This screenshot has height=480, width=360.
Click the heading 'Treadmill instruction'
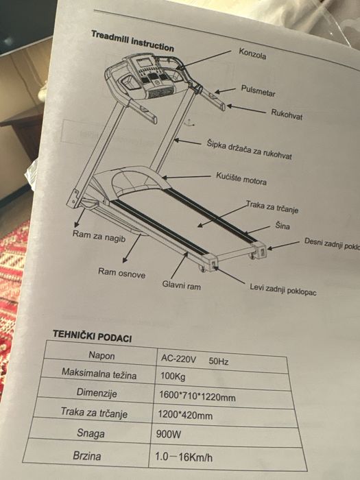click(x=132, y=41)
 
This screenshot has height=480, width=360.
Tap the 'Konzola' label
click(x=252, y=53)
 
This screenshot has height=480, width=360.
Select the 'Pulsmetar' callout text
click(x=258, y=91)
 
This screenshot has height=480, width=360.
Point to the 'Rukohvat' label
click(x=287, y=115)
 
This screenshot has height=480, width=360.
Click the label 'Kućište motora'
click(x=241, y=179)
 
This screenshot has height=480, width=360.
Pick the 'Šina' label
click(x=283, y=226)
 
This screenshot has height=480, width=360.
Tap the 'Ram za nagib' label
click(x=99, y=237)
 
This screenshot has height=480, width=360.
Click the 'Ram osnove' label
click(x=121, y=272)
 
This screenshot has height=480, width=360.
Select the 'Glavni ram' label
click(x=182, y=285)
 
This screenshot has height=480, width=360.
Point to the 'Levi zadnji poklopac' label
click(x=283, y=289)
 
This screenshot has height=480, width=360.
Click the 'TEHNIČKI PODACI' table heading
click(x=92, y=336)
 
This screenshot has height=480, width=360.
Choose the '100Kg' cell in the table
click(x=173, y=376)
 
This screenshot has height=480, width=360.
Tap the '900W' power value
click(x=169, y=434)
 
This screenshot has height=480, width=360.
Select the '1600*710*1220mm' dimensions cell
click(x=197, y=396)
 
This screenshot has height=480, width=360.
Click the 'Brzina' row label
click(x=87, y=456)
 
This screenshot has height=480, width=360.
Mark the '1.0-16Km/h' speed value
click(x=183, y=457)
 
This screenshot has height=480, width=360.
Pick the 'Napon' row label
click(x=101, y=355)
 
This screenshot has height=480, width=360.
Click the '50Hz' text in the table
click(x=219, y=361)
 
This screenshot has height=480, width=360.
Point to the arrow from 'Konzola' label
click(x=204, y=60)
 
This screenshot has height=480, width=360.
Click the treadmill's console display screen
click(x=144, y=63)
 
